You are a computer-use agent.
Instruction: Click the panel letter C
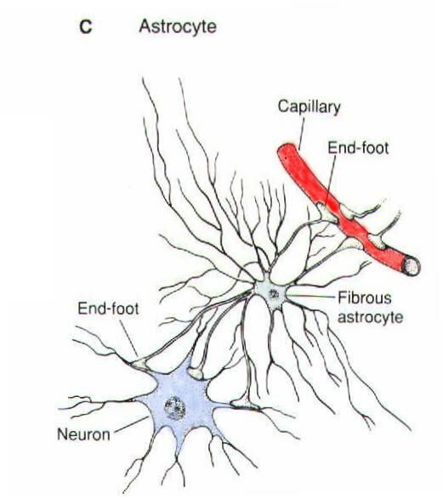86,26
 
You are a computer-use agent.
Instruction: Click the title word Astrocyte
178,26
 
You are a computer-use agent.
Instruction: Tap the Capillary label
309,106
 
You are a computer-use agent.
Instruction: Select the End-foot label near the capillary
358,148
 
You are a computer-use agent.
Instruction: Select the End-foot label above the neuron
108,309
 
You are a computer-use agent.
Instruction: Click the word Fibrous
365,298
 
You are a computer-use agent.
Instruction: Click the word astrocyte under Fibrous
370,317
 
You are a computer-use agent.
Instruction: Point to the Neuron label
83,434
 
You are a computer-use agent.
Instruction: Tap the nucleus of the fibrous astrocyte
273,293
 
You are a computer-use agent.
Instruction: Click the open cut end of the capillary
412,266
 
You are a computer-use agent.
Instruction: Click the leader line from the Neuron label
131,424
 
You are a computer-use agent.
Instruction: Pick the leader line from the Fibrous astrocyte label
311,296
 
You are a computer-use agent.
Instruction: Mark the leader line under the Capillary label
301,134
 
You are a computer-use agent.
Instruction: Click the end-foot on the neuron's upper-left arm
139,364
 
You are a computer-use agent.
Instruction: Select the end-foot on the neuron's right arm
243,405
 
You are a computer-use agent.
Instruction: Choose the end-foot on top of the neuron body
195,372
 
